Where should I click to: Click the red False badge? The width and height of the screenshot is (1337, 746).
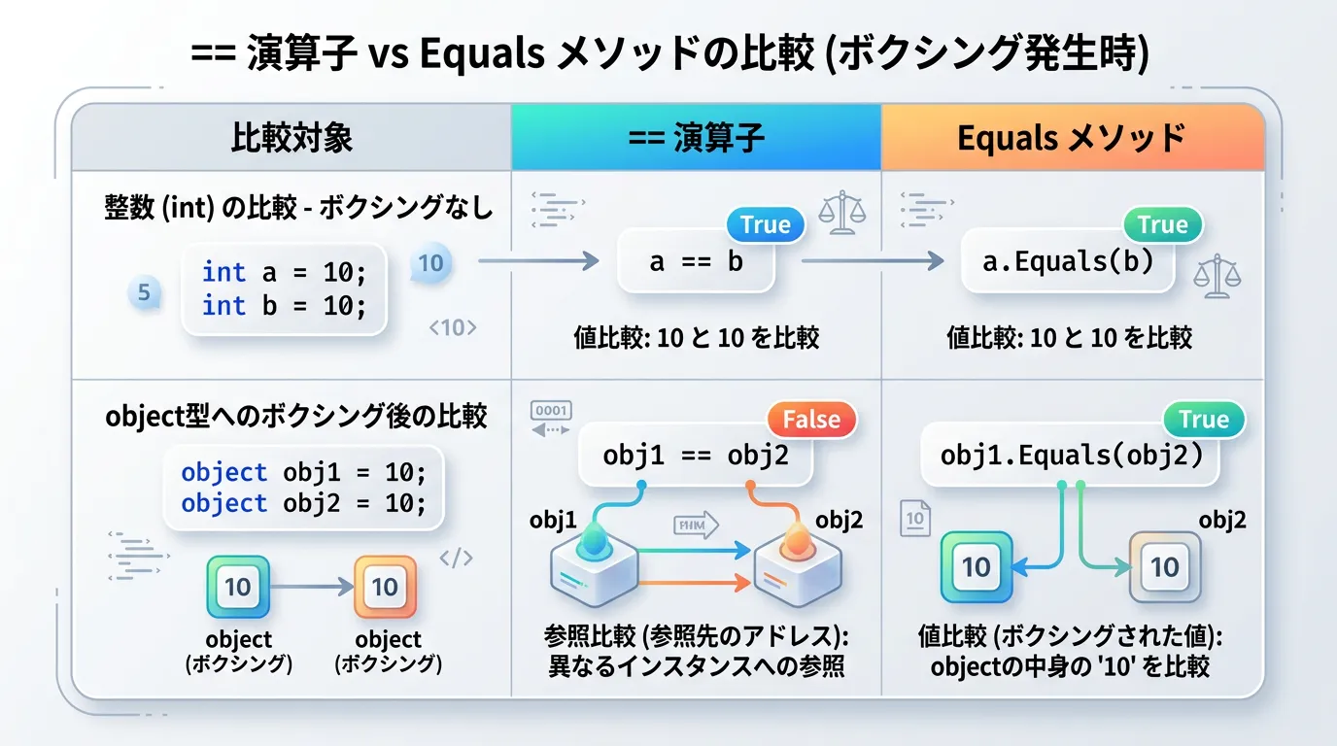click(811, 419)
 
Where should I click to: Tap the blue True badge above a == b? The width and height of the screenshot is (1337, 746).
click(766, 224)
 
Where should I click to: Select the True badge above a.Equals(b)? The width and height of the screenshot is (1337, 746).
click(1163, 224)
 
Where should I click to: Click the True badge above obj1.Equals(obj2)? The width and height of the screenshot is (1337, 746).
click(1204, 419)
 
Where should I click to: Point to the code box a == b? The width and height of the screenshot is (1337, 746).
click(696, 261)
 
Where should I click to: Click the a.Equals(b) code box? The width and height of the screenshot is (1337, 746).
click(1068, 261)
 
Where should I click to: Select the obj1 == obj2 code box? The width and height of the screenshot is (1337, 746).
click(696, 456)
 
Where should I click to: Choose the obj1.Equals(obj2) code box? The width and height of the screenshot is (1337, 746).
click(1070, 456)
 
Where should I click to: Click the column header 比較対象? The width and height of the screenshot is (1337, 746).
click(291, 138)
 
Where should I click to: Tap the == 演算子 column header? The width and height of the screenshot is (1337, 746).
click(696, 138)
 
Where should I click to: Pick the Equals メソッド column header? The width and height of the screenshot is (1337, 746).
click(1073, 138)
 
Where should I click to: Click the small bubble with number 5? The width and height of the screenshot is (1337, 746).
click(145, 292)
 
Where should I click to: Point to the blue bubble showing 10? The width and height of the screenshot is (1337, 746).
click(431, 263)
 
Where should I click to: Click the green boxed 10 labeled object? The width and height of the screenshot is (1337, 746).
click(238, 587)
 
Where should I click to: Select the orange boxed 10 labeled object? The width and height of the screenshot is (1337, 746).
click(385, 587)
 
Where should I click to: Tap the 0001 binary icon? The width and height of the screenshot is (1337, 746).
click(551, 411)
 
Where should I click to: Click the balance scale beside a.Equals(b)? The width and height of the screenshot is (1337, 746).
click(1217, 276)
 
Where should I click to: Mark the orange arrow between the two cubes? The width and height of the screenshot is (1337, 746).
click(694, 583)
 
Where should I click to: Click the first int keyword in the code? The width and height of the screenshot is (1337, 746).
click(223, 272)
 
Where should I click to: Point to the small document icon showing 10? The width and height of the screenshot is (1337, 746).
click(915, 518)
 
